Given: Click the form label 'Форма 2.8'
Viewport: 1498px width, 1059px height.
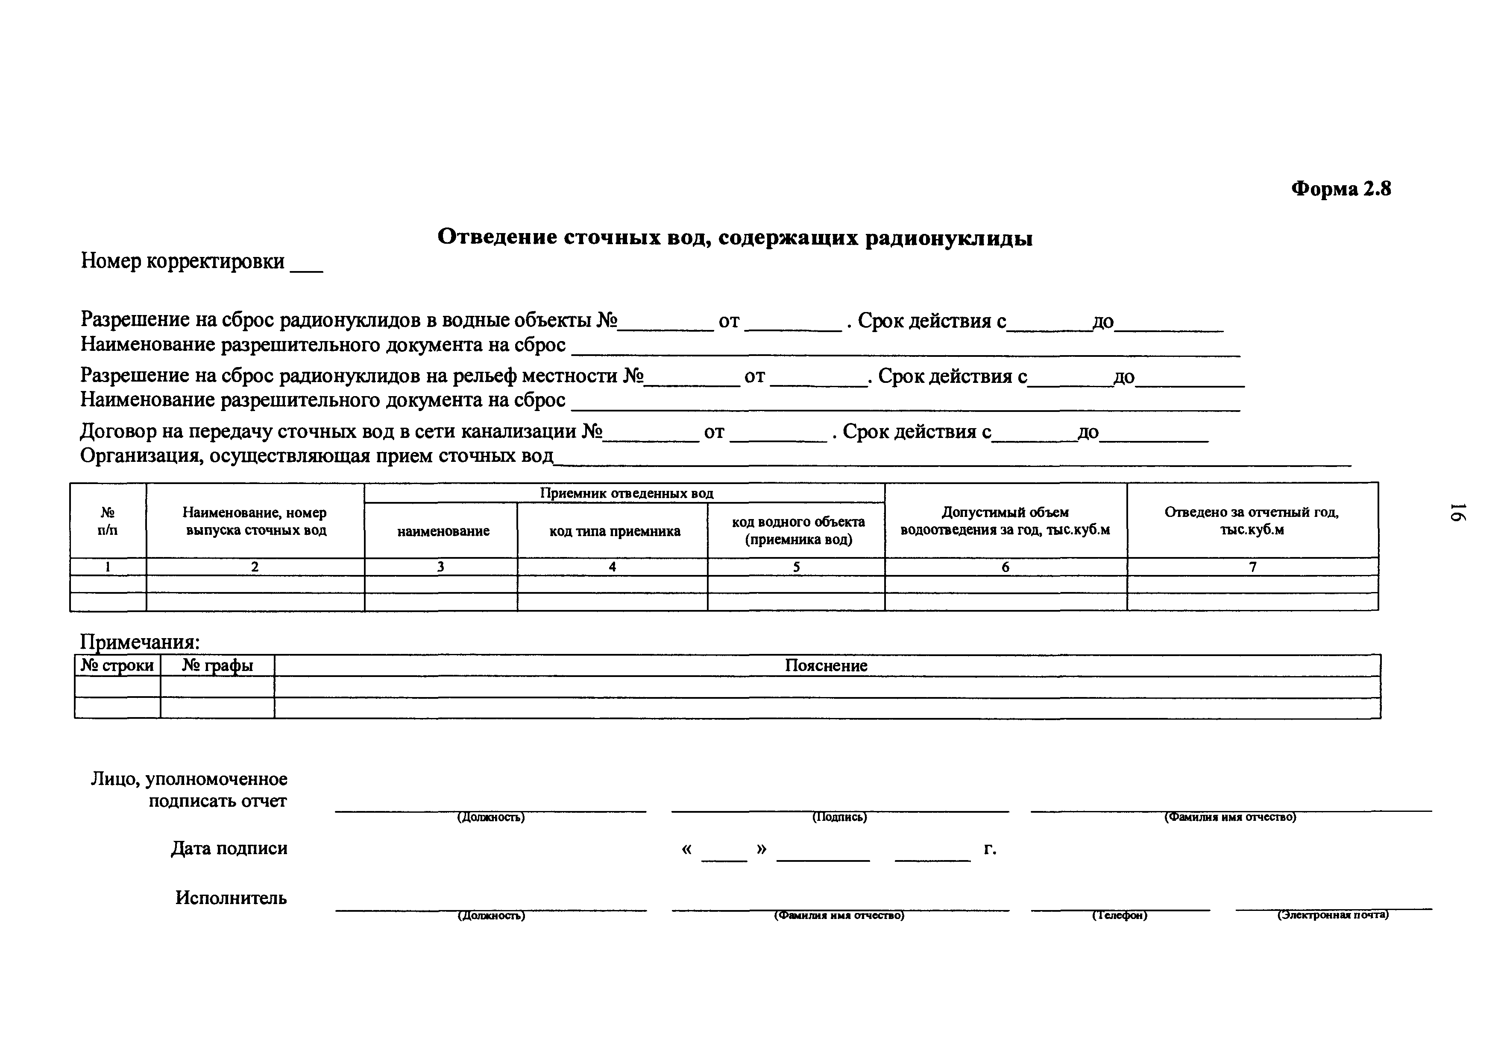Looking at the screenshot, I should (x=1341, y=189).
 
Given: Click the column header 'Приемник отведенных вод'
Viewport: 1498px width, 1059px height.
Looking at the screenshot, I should (x=626, y=493).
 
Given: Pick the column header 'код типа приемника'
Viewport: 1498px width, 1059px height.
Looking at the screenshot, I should (x=614, y=531).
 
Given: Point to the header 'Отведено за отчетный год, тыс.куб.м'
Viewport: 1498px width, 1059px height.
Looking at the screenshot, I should (x=1252, y=520).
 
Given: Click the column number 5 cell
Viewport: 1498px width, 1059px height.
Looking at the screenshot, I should (x=796, y=567).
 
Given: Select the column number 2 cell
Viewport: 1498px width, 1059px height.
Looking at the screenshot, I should (x=255, y=567).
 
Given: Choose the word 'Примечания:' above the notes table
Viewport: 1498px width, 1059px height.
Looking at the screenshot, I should (x=140, y=642).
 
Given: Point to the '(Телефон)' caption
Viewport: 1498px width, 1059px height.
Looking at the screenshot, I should (x=1120, y=916).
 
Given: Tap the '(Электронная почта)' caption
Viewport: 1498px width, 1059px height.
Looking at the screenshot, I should (x=1333, y=915).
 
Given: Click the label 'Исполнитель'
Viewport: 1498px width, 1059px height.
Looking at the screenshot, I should (x=231, y=898).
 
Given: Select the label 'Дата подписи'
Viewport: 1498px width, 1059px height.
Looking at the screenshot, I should (x=229, y=849).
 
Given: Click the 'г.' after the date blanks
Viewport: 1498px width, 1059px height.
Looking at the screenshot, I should (x=990, y=849).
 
